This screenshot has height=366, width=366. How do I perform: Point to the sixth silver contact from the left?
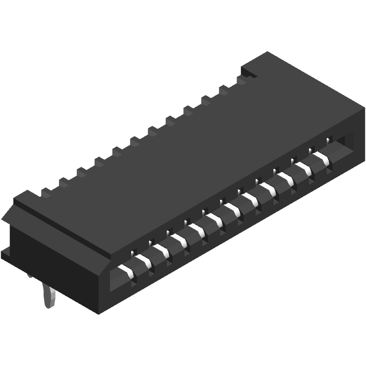[216, 220]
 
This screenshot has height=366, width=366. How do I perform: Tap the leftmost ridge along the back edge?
[46, 192]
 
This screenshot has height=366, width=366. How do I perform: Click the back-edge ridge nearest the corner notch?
[242, 79]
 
